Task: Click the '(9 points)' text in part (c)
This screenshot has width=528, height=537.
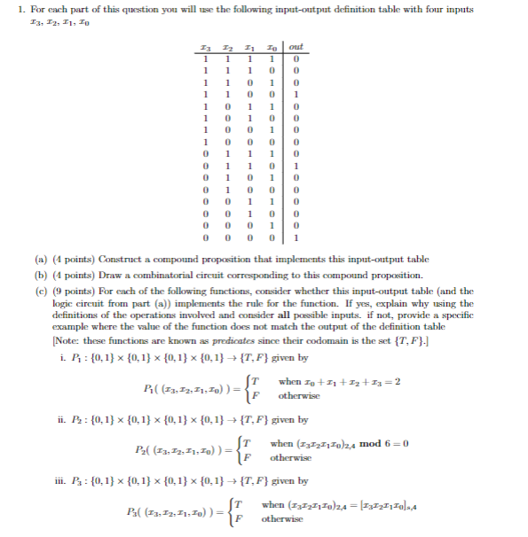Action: (x=75, y=291)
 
